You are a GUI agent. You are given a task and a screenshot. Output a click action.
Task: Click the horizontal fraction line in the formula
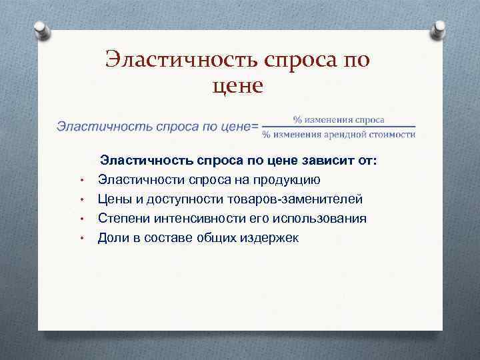[339, 127]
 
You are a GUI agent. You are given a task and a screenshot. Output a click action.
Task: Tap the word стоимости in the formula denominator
[393, 134]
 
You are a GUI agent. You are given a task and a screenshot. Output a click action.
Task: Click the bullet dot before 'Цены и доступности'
[80, 200]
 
